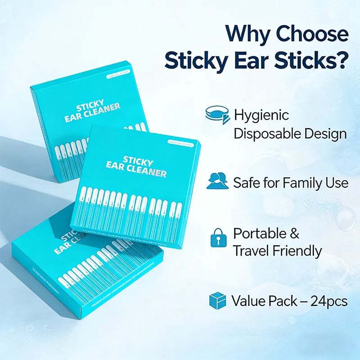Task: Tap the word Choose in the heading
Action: coord(313,34)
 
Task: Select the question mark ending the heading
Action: coord(341,61)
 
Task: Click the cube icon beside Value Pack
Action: coord(218,300)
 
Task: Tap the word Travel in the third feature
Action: coord(254,251)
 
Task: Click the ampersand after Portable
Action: coord(294,234)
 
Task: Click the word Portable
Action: coord(259,234)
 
